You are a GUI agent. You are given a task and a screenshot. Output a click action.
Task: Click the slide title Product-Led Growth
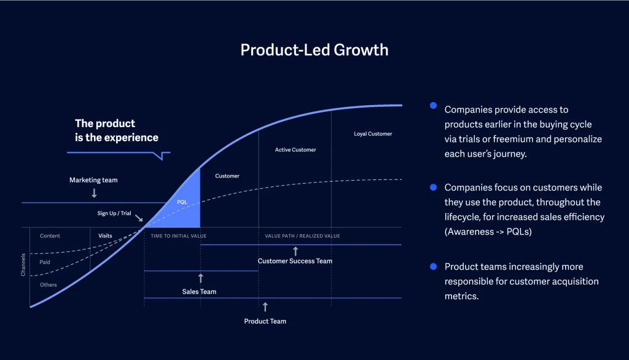314,50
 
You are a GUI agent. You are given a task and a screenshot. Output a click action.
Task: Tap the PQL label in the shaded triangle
182,202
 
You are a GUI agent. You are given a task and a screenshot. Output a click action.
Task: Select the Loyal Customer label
373,134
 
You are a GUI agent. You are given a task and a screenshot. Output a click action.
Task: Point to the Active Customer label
295,150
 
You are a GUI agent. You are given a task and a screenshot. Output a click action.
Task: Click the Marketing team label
93,180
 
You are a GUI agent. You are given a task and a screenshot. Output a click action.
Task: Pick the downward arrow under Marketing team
94,193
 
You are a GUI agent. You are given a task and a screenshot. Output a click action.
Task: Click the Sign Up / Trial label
115,214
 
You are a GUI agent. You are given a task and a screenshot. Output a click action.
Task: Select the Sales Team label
200,291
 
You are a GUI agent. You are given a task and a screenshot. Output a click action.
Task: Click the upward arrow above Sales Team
200,278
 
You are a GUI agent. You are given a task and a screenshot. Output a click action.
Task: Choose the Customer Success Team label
295,261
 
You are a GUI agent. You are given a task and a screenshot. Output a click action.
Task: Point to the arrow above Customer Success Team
295,251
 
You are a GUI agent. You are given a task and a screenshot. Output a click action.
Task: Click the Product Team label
265,321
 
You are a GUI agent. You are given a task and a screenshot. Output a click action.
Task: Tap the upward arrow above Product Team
265,307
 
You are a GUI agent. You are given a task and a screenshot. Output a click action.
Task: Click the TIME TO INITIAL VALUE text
179,236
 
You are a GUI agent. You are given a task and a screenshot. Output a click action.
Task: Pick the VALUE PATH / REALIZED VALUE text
302,236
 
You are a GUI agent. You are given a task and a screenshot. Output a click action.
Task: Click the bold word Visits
105,236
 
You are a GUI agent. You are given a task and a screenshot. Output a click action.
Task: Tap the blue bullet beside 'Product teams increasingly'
433,267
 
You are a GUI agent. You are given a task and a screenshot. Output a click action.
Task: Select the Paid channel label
45,262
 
